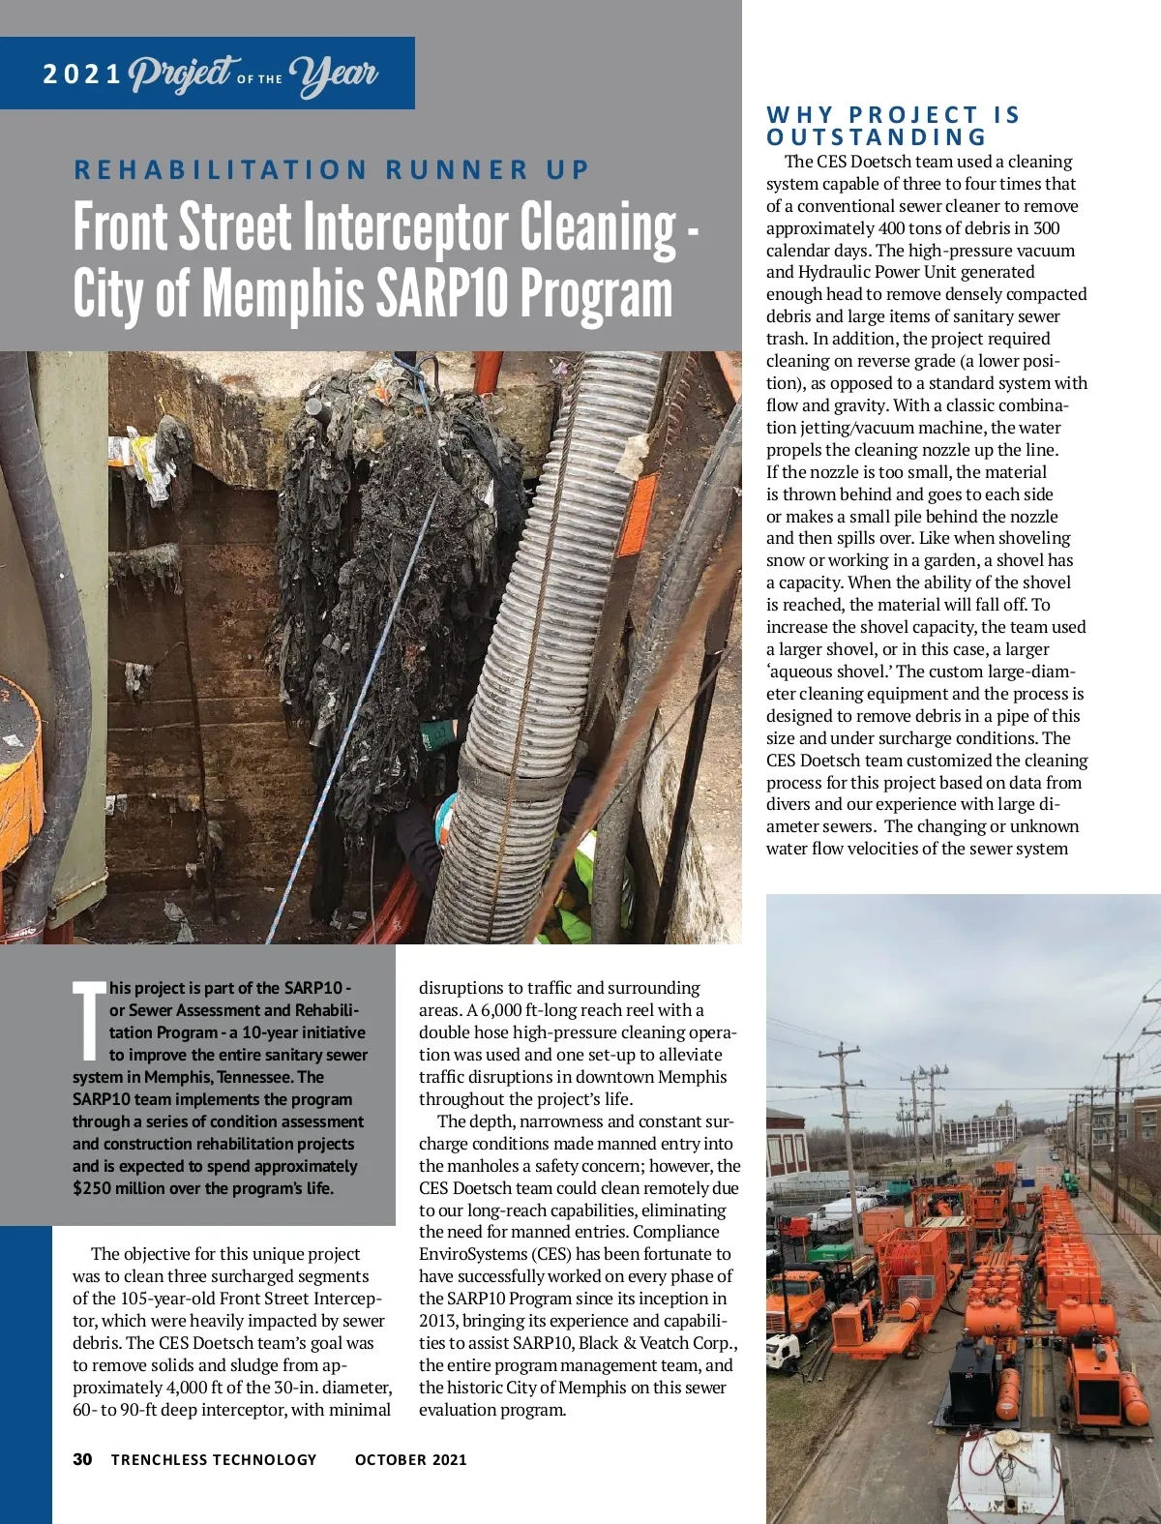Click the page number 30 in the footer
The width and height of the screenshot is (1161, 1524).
[82, 1459]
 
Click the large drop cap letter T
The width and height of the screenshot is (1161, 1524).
[89, 1020]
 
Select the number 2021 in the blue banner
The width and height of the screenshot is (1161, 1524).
[82, 75]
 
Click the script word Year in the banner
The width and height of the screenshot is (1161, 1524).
[333, 74]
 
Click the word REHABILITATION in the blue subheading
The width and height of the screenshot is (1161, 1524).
[222, 170]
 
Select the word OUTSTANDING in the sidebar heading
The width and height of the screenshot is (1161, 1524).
[877, 137]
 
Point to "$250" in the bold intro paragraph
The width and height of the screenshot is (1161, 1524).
[92, 1188]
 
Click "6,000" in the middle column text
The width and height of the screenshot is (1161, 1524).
[504, 1010]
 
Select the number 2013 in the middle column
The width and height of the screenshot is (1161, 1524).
[439, 1321]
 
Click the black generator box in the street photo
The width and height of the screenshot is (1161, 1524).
[971, 1375]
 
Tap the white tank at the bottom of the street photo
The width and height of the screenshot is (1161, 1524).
[1006, 1476]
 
